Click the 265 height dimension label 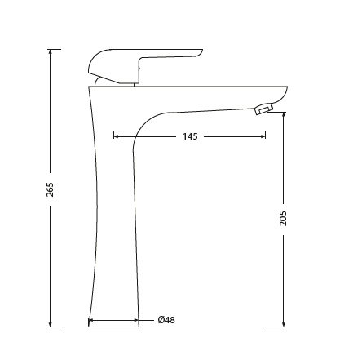coord(51,189)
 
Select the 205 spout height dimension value coord(283,218)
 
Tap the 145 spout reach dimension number coord(190,136)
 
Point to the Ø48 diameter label coord(166,320)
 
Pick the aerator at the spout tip coord(263,109)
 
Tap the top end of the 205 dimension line coord(283,113)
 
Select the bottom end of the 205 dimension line coord(283,327)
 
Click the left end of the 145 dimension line coord(113,136)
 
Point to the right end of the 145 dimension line coord(265,136)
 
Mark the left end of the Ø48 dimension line coord(89,320)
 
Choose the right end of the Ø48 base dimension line coord(139,320)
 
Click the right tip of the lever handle coord(201,52)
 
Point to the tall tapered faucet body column coord(115,229)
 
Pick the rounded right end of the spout coord(285,91)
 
